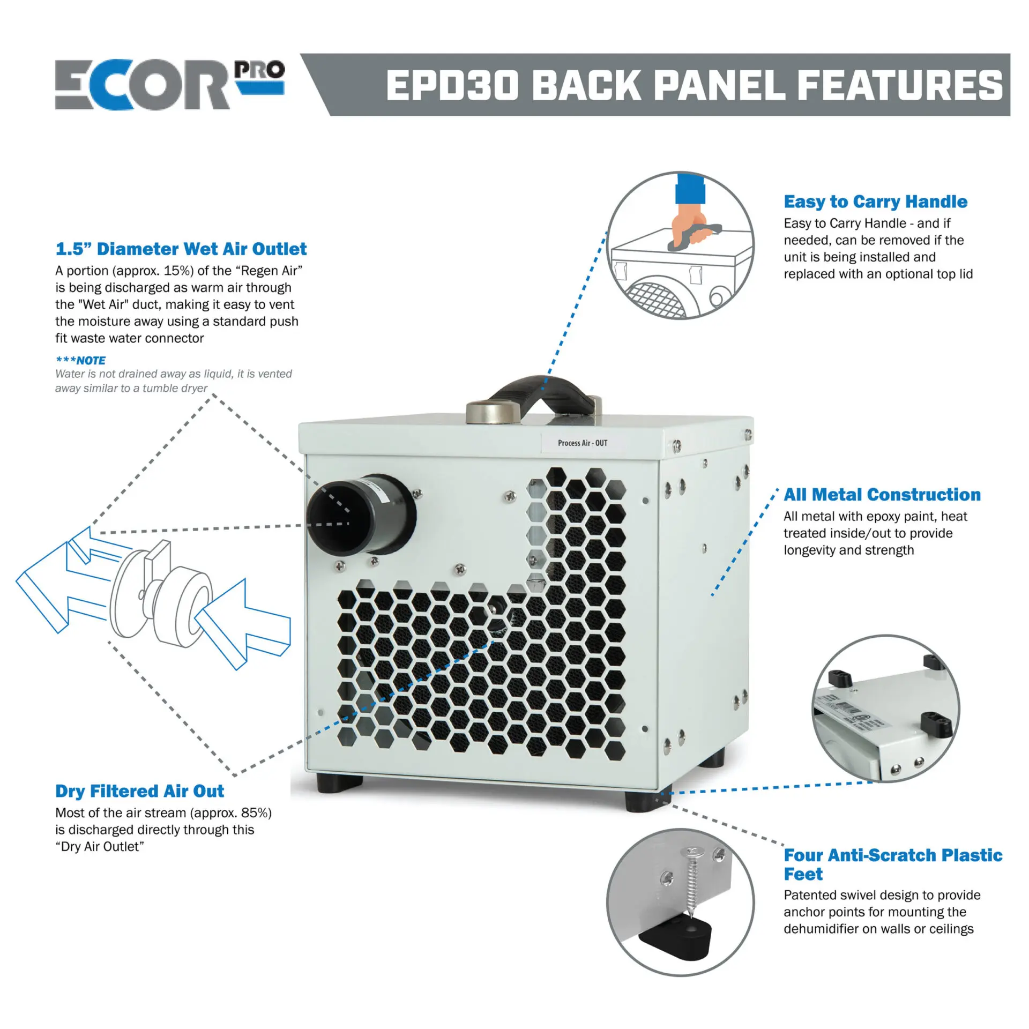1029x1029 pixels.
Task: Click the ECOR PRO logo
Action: pos(169,85)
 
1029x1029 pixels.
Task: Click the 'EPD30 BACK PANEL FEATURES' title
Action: pos(694,86)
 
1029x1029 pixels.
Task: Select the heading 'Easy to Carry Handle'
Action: pos(875,202)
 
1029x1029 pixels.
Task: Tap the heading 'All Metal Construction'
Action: pos(882,494)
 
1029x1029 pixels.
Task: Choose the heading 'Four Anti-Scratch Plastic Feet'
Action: pos(892,864)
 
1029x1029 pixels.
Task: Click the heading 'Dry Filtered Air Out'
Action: pos(139,791)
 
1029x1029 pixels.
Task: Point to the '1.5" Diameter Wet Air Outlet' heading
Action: pos(181,249)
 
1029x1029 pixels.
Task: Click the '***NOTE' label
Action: pos(80,360)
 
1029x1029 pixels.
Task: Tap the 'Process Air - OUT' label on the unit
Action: pos(583,443)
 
